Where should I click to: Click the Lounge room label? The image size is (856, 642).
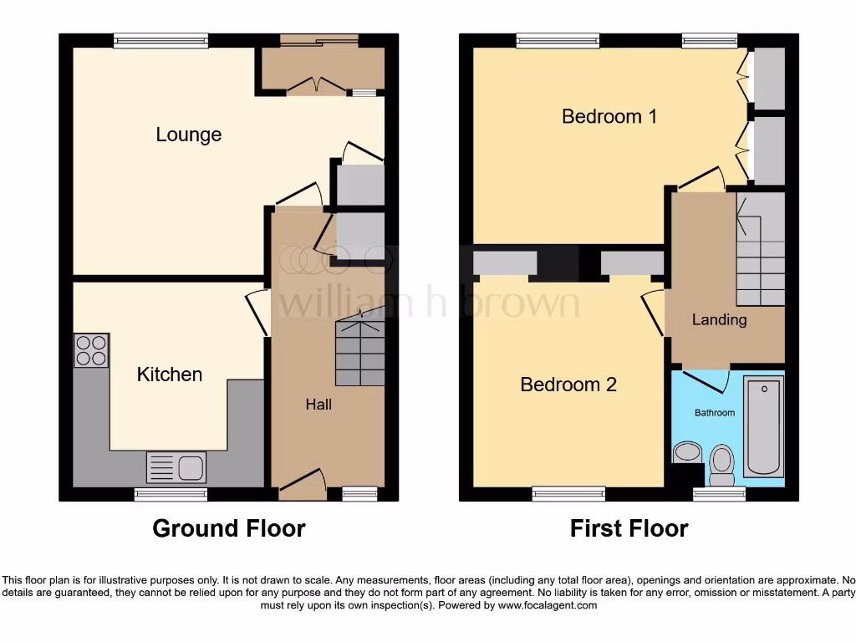(x=188, y=135)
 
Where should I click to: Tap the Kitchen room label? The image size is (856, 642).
(x=170, y=374)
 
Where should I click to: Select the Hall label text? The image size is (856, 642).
(x=318, y=405)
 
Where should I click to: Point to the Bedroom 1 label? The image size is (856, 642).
(x=609, y=116)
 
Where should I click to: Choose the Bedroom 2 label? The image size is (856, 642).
(x=568, y=385)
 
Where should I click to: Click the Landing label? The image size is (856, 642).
(x=719, y=319)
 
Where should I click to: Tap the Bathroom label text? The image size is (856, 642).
(x=715, y=413)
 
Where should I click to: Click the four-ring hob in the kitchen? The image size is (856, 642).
(x=91, y=350)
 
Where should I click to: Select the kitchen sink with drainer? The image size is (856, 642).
(x=176, y=466)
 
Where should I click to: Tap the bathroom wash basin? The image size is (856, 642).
(x=688, y=453)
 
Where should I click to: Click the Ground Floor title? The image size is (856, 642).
(x=228, y=528)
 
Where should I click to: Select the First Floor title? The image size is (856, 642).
(x=629, y=528)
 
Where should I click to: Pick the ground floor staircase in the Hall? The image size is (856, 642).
(x=360, y=351)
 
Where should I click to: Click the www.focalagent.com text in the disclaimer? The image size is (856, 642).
(x=548, y=605)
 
